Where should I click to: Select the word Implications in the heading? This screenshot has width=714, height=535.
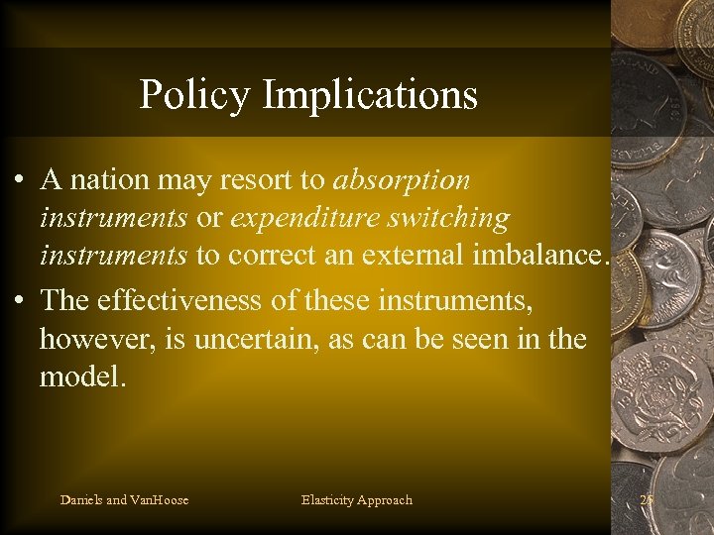point(370,95)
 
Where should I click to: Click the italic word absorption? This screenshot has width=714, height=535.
point(402,181)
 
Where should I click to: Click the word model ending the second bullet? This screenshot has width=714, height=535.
point(82,376)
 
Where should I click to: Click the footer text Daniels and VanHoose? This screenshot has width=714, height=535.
point(124,500)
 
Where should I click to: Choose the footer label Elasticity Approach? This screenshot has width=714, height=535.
point(356,500)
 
